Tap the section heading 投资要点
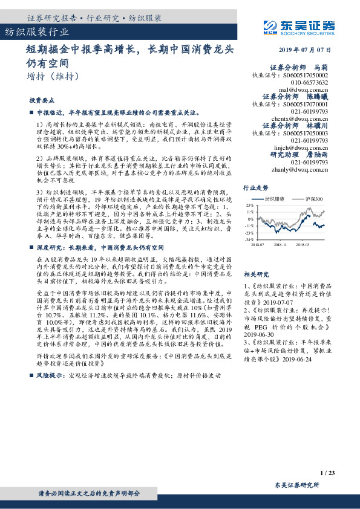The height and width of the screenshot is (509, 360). tap(42, 100)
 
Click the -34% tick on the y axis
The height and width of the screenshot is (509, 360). tap(249, 240)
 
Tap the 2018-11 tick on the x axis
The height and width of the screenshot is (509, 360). tap(281, 245)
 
